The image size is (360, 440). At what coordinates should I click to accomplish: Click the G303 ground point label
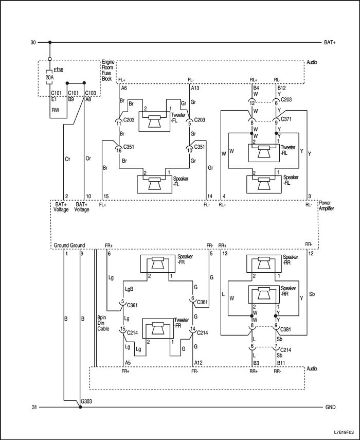coord(87,401)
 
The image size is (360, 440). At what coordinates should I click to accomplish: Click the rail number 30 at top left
coord(33,43)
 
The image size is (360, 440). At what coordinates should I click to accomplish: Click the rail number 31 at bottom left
coord(34,408)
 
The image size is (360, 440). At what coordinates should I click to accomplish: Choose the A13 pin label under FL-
coord(195,89)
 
